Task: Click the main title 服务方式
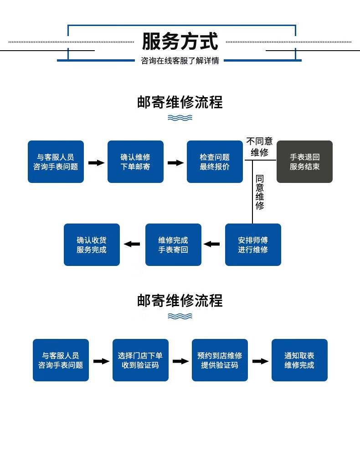point(180,41)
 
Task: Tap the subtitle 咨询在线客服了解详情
point(180,61)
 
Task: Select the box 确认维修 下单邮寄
point(135,161)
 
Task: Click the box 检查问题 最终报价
point(215,161)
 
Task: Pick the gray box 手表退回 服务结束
point(304,161)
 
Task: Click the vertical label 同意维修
point(260,192)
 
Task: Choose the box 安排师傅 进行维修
point(253,245)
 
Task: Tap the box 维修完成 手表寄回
point(173,245)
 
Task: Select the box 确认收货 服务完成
point(92,245)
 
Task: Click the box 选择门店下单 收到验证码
point(140,360)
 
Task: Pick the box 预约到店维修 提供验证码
point(220,360)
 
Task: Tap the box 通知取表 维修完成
point(299,360)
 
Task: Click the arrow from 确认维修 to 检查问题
point(175,163)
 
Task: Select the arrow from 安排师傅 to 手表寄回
point(211,244)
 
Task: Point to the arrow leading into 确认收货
point(132,244)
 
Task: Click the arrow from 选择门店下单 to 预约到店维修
point(180,361)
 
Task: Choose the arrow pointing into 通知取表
point(260,361)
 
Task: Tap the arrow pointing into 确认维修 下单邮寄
point(96,163)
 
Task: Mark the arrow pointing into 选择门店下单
point(101,361)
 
